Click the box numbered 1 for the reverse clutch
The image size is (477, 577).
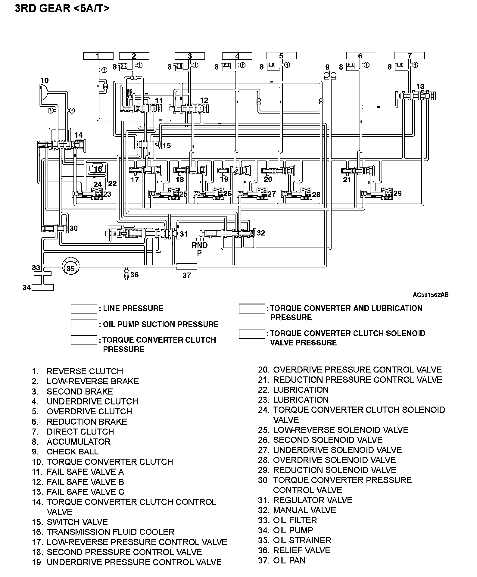coord(98,56)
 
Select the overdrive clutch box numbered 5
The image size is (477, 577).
coord(281,56)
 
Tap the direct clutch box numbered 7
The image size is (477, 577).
coord(409,56)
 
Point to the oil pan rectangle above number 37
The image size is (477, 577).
coord(186,266)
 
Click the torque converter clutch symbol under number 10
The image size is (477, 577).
coord(44,92)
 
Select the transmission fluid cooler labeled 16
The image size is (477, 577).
coord(98,168)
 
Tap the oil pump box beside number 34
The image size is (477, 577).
coord(43,287)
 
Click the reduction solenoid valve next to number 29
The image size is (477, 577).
coord(387,194)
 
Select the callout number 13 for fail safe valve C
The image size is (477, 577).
coord(420,86)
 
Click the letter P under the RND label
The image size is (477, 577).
coord(199,253)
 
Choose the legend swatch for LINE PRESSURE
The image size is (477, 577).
coord(84,309)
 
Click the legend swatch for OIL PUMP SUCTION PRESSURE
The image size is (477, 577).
coord(84,324)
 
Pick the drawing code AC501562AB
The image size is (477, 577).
coord(430,295)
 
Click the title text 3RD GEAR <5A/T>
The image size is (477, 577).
coord(62,8)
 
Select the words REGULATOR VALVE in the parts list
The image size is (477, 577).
coord(313,500)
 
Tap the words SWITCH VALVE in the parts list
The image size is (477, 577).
coord(77,522)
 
